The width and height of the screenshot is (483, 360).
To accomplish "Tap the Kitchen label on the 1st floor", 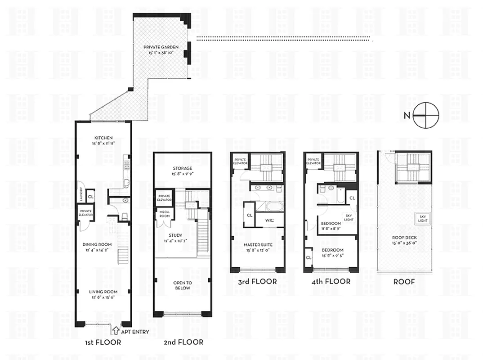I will point(103,138).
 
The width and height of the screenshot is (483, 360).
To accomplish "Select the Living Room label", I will point(103,291).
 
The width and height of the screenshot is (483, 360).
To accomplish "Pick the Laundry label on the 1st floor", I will point(80,195).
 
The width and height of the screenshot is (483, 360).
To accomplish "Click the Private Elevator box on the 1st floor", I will point(85,212).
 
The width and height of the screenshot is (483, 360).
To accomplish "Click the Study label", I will point(175,235).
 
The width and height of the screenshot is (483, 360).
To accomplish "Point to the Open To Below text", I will point(183,285).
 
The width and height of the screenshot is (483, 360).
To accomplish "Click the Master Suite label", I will point(258,245).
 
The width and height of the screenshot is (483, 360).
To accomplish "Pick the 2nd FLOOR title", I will point(183,342).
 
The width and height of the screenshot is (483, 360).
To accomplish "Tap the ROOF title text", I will point(404,282).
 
